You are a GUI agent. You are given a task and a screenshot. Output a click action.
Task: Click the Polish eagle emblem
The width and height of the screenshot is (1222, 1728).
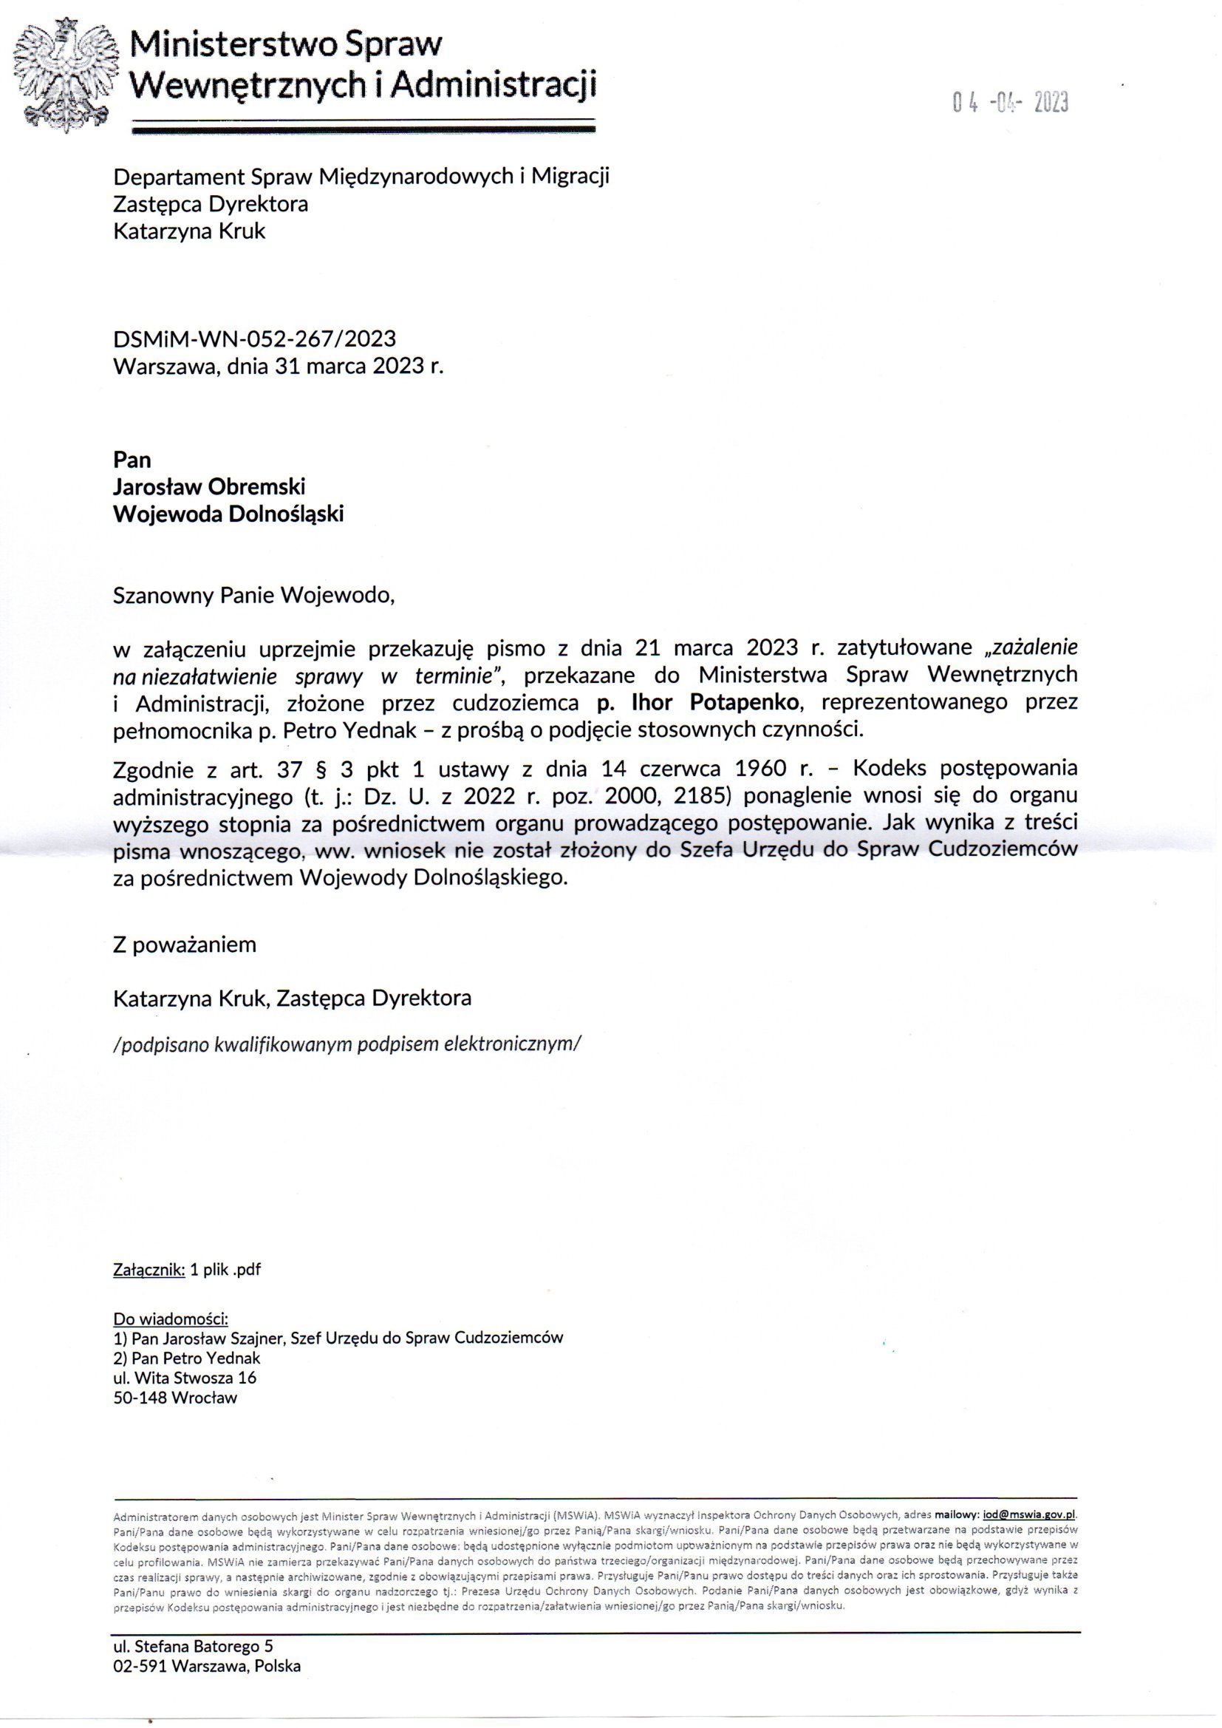(x=66, y=74)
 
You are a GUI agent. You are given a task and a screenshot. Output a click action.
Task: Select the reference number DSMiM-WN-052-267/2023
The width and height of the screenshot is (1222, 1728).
(x=254, y=339)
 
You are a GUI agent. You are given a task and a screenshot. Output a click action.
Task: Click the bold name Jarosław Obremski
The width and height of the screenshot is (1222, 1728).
(x=209, y=487)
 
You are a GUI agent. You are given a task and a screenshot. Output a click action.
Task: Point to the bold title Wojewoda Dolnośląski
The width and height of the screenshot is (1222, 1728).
(x=228, y=514)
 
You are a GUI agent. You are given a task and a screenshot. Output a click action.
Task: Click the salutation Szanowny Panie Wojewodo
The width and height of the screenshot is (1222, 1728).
(x=253, y=595)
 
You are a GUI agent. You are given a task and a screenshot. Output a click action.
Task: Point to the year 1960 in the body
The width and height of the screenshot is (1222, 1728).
(x=761, y=768)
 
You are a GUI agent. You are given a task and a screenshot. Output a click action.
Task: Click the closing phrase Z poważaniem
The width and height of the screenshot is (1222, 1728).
(x=185, y=945)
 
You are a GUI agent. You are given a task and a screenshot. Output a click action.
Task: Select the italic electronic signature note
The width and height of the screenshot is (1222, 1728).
(x=347, y=1044)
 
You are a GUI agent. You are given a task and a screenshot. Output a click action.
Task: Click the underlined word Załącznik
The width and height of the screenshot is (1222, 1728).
(x=149, y=1270)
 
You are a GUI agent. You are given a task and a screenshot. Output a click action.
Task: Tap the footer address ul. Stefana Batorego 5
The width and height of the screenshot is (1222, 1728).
(x=193, y=1647)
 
